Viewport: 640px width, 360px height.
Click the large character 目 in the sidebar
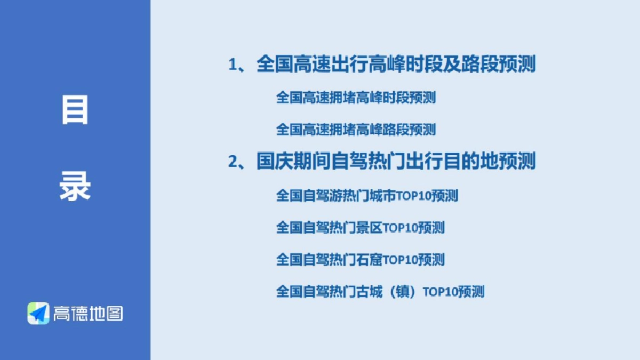[75, 111]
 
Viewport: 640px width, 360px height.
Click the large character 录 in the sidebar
[75, 186]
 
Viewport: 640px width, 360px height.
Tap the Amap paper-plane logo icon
[38, 313]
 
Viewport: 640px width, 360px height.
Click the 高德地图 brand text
[87, 313]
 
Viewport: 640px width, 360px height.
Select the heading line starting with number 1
[382, 65]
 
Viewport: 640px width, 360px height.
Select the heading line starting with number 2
[382, 161]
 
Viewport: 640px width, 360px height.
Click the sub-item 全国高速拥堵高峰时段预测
[356, 98]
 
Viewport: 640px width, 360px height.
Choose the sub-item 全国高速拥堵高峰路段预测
[356, 129]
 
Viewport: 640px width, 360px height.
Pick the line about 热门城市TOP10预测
[366, 196]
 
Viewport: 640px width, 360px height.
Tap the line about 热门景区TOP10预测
[360, 228]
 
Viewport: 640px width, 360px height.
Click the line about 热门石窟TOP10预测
[360, 260]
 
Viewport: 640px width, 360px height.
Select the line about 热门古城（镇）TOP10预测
[380, 292]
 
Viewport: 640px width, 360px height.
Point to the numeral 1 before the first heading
[233, 66]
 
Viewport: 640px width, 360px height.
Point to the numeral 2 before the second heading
[233, 161]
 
